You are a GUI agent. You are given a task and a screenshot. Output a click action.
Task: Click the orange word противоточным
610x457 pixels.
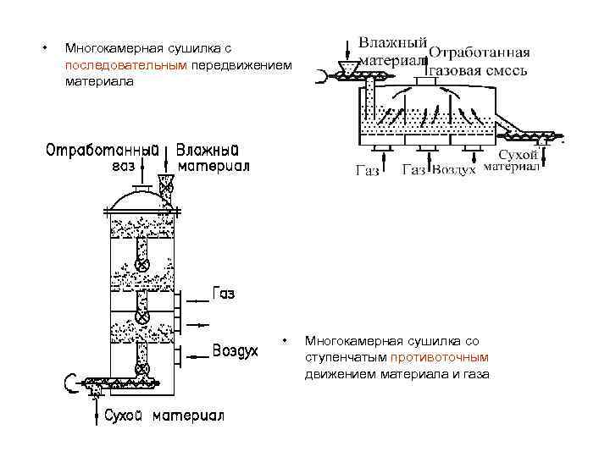(445, 357)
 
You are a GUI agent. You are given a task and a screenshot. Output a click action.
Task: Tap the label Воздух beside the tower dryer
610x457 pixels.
(235, 352)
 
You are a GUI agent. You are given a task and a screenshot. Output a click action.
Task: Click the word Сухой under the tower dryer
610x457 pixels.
(126, 416)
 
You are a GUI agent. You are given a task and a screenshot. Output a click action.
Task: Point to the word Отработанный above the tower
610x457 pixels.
(101, 150)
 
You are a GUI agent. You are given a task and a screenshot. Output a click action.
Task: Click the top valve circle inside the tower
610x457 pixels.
(144, 266)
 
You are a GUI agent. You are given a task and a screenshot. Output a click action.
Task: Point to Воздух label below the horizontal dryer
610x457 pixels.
(453, 170)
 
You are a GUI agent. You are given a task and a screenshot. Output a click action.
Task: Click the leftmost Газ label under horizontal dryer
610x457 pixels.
(367, 171)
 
